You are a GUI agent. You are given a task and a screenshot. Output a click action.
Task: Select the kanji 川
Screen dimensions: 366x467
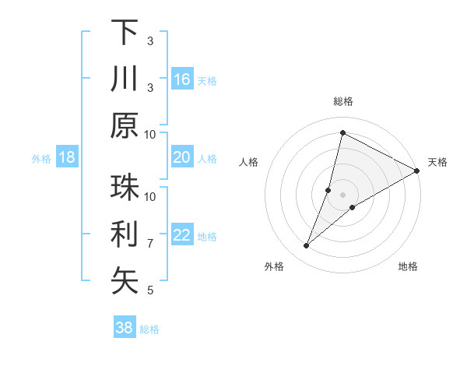(x=125, y=79)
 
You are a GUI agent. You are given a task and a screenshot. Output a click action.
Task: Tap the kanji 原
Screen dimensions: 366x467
(x=125, y=125)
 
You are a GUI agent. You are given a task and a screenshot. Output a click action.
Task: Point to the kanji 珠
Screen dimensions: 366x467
(x=125, y=188)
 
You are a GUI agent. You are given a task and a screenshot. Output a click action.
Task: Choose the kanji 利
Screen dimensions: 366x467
(x=125, y=234)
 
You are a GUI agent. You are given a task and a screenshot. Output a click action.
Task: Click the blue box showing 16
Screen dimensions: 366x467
(x=182, y=79)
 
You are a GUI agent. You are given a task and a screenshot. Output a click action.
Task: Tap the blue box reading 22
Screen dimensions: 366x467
(x=182, y=235)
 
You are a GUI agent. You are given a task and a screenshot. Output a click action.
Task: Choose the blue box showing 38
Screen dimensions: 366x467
(x=125, y=328)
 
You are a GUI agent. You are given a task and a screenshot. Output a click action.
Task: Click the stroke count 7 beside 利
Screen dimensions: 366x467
(x=150, y=244)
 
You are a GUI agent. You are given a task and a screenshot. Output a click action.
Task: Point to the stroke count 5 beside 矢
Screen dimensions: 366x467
(x=150, y=290)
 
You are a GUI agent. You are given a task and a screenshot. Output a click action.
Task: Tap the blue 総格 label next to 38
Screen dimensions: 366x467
(x=149, y=329)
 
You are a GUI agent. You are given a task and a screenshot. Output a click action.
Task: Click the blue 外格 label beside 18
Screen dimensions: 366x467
(x=41, y=159)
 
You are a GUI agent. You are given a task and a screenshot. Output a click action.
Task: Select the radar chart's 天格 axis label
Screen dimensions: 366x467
(x=437, y=162)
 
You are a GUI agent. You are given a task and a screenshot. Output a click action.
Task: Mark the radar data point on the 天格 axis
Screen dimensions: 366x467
(x=416, y=171)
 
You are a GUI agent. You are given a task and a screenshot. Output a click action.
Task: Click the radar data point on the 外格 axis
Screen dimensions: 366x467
(x=307, y=246)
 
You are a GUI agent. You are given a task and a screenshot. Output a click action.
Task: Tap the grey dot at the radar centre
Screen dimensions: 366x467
(x=342, y=195)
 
